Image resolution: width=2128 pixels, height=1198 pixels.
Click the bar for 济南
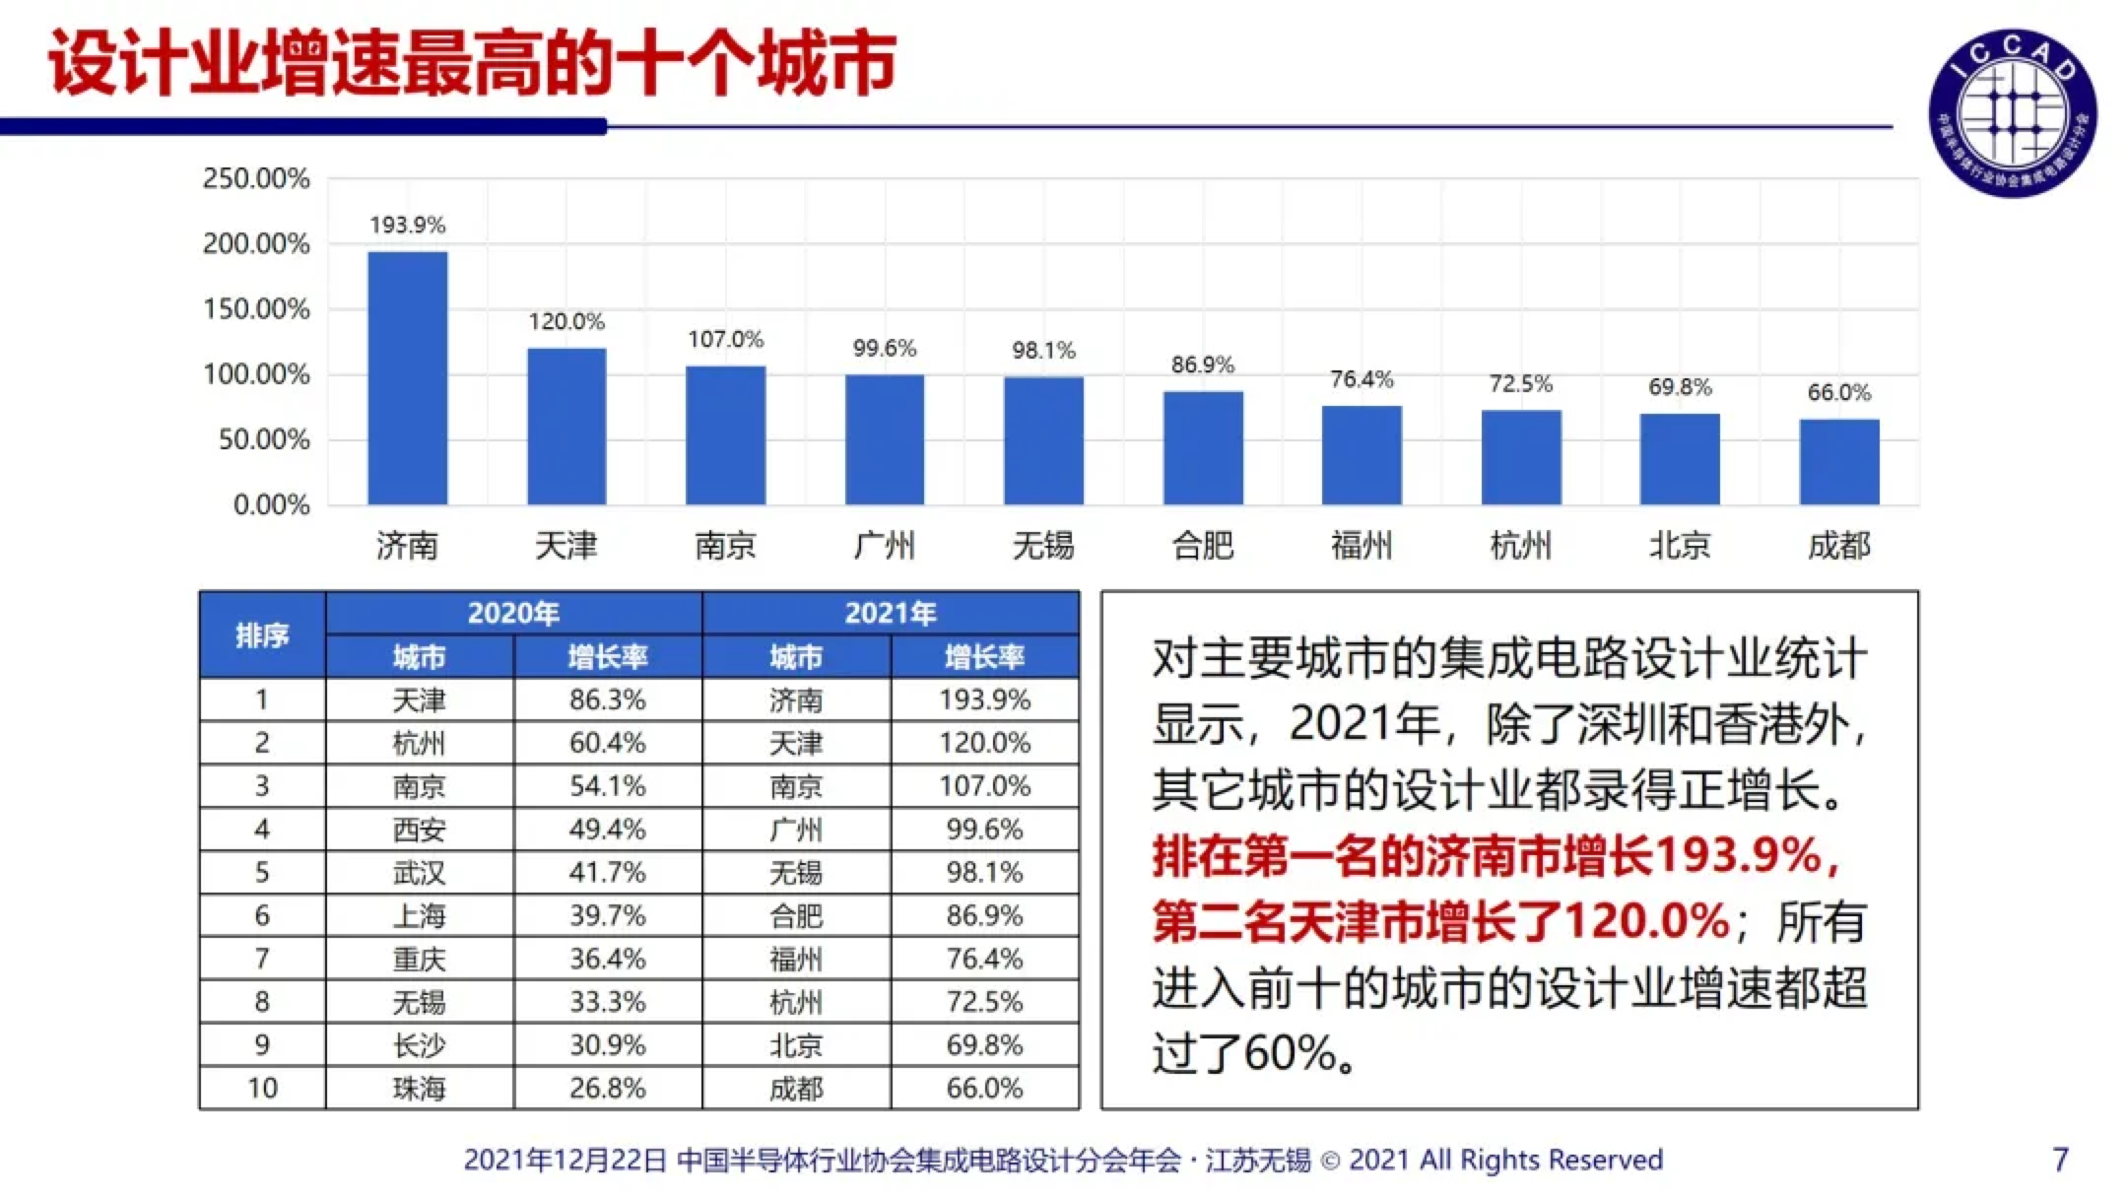[x=407, y=378]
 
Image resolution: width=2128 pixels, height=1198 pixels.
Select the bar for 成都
[x=1838, y=462]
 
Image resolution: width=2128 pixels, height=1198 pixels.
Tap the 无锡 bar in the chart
[x=1043, y=440]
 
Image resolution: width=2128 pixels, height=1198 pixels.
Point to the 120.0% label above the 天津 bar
[x=566, y=322]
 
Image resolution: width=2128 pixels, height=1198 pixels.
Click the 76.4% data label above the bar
[x=1362, y=379]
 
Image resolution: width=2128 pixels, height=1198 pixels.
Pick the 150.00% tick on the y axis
[x=256, y=309]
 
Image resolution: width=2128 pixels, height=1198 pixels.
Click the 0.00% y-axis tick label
[x=271, y=505]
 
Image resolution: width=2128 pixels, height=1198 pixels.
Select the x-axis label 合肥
[x=1202, y=545]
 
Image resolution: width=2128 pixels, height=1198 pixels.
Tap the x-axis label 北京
[x=1680, y=545]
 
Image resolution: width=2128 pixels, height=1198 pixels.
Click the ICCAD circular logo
[x=2012, y=112]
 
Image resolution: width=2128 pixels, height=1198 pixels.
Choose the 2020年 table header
[x=513, y=613]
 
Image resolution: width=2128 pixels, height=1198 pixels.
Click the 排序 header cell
[x=262, y=635]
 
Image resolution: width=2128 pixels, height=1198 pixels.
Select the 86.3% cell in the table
[x=607, y=699]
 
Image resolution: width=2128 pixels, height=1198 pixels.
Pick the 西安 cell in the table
[x=419, y=830]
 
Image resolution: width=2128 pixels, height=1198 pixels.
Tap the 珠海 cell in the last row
[x=419, y=1089]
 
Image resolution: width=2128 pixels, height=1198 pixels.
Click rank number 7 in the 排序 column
[x=262, y=959]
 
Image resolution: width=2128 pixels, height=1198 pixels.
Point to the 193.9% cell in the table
[x=984, y=699]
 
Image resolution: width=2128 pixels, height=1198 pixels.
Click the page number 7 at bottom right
[x=2060, y=1160]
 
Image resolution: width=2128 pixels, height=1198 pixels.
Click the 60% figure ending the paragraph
[x=1290, y=1053]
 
